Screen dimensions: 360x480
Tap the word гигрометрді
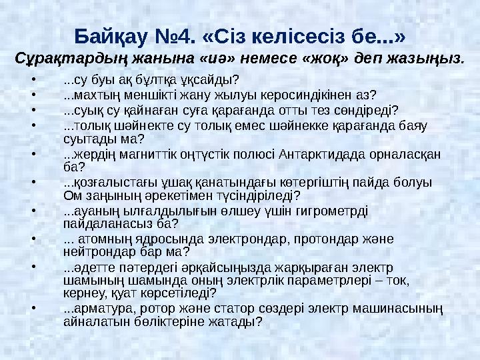338,211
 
